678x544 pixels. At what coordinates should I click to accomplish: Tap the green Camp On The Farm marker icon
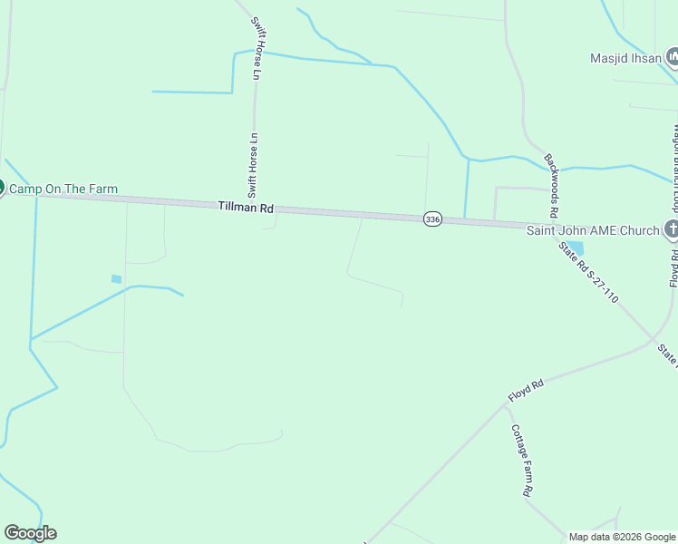tap(1, 188)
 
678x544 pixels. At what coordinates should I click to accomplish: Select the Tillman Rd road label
tap(246, 208)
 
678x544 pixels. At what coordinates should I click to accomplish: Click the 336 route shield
tap(432, 219)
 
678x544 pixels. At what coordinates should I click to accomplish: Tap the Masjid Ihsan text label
tap(625, 58)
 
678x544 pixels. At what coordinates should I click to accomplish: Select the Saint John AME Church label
tap(594, 230)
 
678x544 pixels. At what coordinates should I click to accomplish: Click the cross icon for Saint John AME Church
tap(672, 230)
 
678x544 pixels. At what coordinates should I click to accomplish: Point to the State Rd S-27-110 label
tap(588, 272)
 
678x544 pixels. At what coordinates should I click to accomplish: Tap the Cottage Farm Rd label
tap(519, 460)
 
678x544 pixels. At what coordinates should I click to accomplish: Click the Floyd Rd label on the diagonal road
tap(525, 397)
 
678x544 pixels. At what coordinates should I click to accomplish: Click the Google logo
tap(30, 533)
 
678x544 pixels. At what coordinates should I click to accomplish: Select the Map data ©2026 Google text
tap(622, 537)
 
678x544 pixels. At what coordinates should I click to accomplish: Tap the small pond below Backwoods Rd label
tap(574, 247)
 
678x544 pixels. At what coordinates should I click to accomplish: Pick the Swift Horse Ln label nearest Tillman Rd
tap(255, 165)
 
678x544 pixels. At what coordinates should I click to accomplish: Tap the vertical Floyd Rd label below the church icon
tap(674, 269)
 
